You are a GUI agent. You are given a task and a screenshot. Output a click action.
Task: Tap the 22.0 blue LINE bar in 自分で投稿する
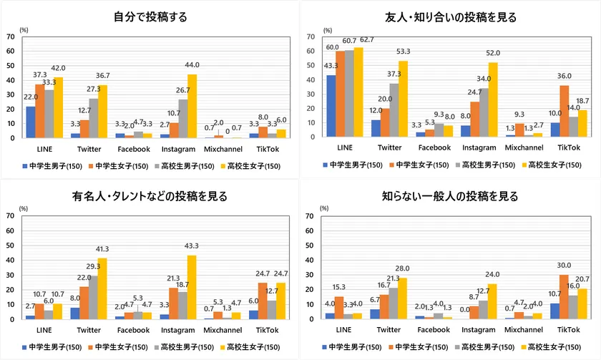[x=30, y=122]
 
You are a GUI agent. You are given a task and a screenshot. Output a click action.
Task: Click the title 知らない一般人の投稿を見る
[x=450, y=196]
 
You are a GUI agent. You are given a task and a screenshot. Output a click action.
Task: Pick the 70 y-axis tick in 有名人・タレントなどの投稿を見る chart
[x=9, y=215]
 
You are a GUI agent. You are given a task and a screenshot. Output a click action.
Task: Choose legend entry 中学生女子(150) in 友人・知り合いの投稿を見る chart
[x=417, y=165]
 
